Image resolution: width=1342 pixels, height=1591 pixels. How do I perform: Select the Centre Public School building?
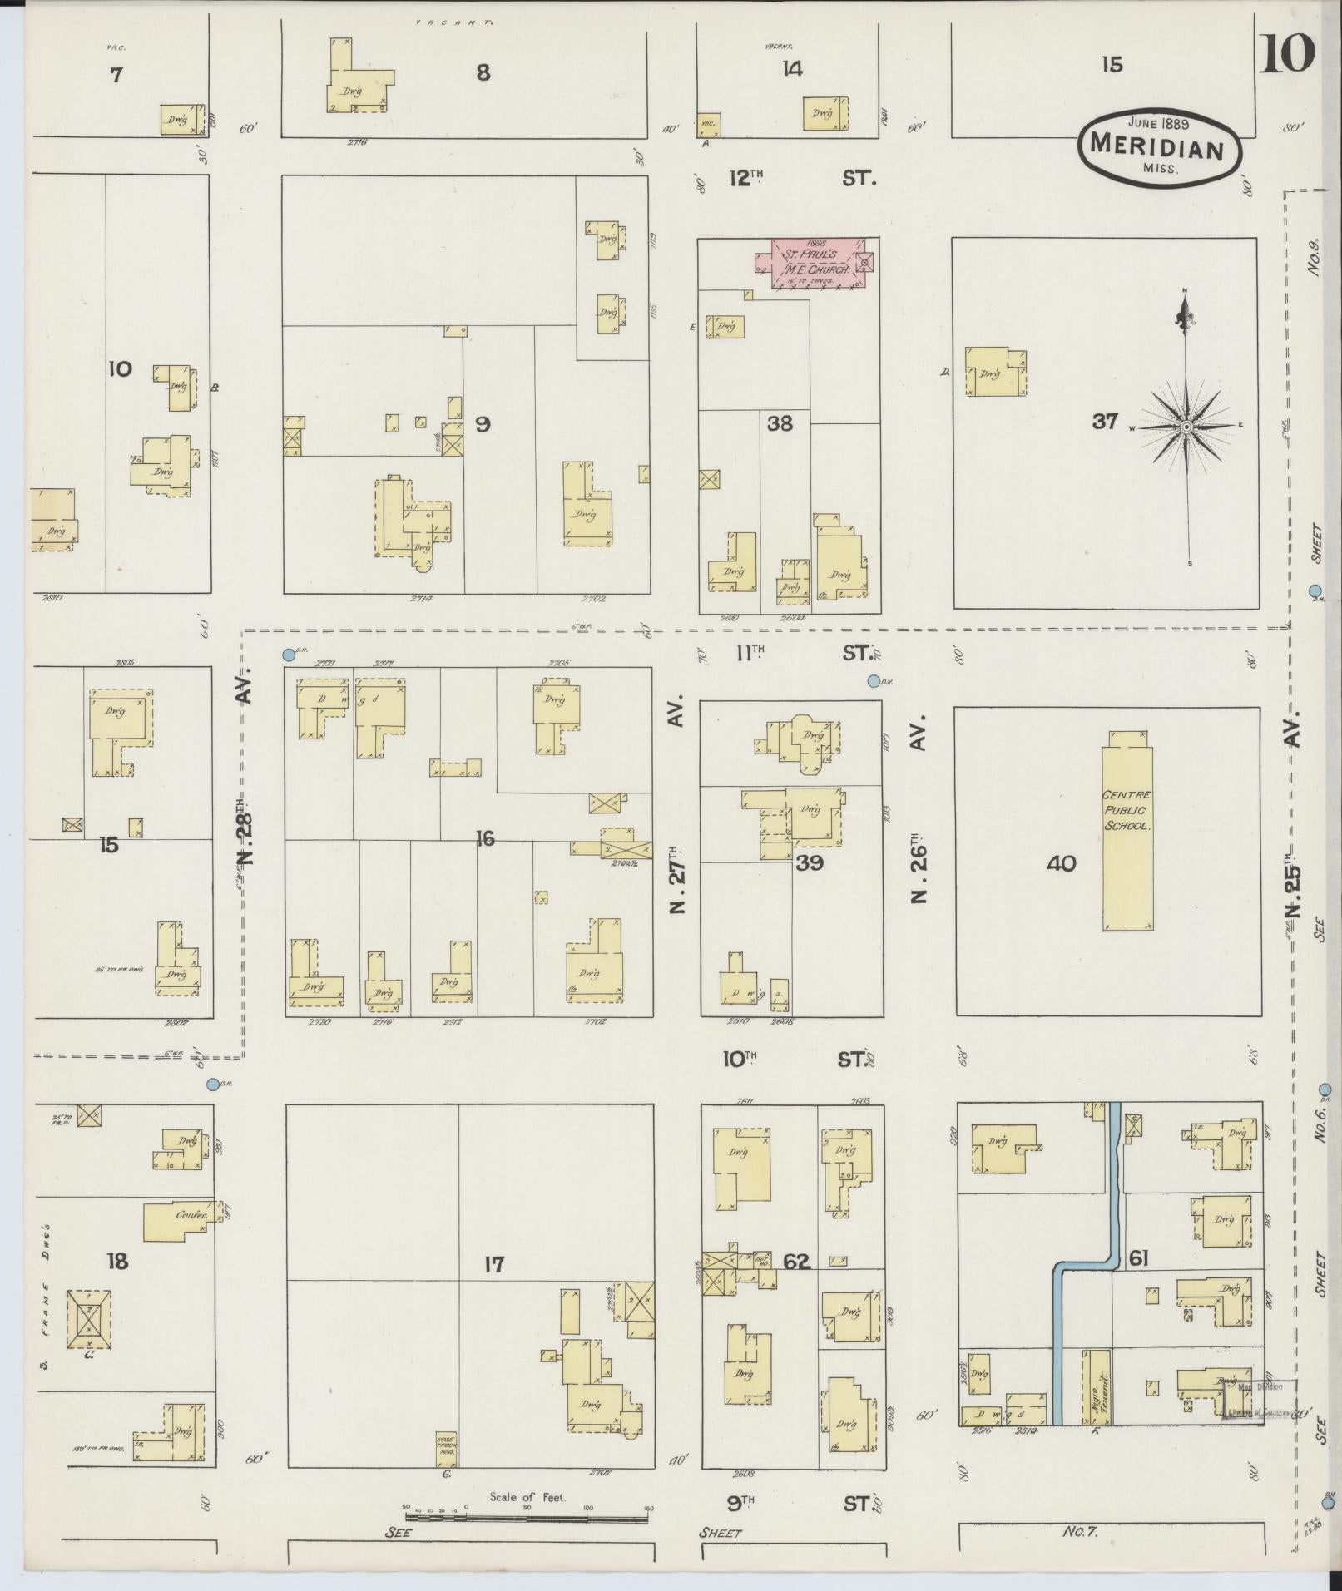(x=1127, y=836)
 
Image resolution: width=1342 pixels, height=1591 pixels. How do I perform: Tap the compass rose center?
(x=1187, y=427)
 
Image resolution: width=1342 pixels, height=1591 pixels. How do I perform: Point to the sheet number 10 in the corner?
(x=1287, y=55)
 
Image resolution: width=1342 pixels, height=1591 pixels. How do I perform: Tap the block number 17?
(x=494, y=1288)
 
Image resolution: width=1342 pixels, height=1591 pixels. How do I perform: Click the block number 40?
(x=1062, y=864)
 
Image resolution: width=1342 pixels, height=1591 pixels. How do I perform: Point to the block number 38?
(x=780, y=423)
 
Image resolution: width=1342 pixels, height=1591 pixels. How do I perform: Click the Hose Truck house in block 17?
(x=447, y=1450)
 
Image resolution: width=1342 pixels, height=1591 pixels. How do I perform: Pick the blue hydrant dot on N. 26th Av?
(x=874, y=681)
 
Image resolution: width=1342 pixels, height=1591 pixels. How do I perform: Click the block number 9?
(x=483, y=425)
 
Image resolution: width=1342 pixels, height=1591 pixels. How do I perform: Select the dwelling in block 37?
(x=993, y=372)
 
